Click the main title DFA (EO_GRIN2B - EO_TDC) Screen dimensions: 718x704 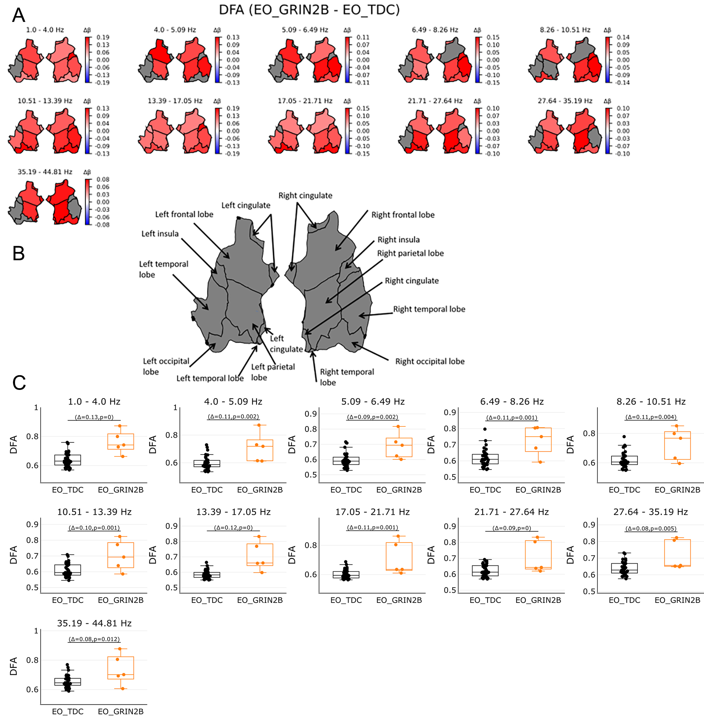(x=309, y=10)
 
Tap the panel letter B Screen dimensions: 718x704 (x=18, y=253)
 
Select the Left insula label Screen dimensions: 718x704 (x=160, y=234)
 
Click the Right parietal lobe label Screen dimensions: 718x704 (x=410, y=253)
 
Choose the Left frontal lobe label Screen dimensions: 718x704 (x=184, y=214)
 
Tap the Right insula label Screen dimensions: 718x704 (x=398, y=239)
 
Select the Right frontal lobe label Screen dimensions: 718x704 (x=403, y=215)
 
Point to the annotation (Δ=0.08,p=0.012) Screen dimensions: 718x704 (x=94, y=639)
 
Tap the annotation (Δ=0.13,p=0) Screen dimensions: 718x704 (x=94, y=417)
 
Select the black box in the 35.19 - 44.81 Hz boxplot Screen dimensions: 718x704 (x=68, y=682)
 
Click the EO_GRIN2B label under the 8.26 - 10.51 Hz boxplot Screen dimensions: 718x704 (x=677, y=490)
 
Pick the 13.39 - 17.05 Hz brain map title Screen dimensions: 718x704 (x=175, y=101)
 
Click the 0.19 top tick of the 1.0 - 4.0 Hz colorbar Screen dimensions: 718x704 (x=103, y=37)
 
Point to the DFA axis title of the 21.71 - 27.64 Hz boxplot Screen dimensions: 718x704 (x=431, y=555)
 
